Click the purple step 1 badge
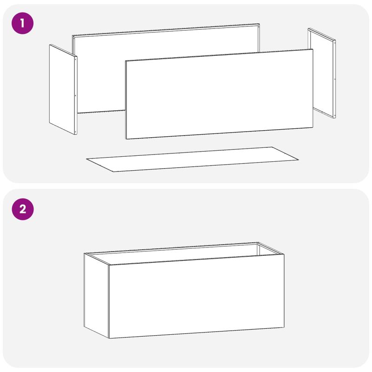pyautogui.click(x=22, y=23)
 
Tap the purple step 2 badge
pyautogui.click(x=23, y=209)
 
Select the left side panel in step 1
pyautogui.click(x=63, y=89)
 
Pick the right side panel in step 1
pyautogui.click(x=322, y=73)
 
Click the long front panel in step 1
pyautogui.click(x=219, y=94)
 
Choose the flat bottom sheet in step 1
pyautogui.click(x=193, y=159)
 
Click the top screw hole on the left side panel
pyautogui.click(x=75, y=60)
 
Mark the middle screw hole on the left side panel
pyautogui.click(x=75, y=96)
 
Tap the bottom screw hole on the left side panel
pyautogui.click(x=75, y=132)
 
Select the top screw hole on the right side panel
pyautogui.click(x=334, y=43)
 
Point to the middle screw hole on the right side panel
pyautogui.click(x=334, y=79)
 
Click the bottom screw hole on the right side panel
pyautogui.click(x=334, y=115)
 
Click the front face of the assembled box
pyautogui.click(x=196, y=296)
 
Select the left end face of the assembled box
pyautogui.click(x=96, y=295)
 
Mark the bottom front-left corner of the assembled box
pyautogui.click(x=109, y=339)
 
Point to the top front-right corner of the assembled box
pyautogui.click(x=284, y=254)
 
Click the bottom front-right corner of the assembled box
pyautogui.click(x=284, y=327)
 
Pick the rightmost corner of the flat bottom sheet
pyautogui.click(x=299, y=159)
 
